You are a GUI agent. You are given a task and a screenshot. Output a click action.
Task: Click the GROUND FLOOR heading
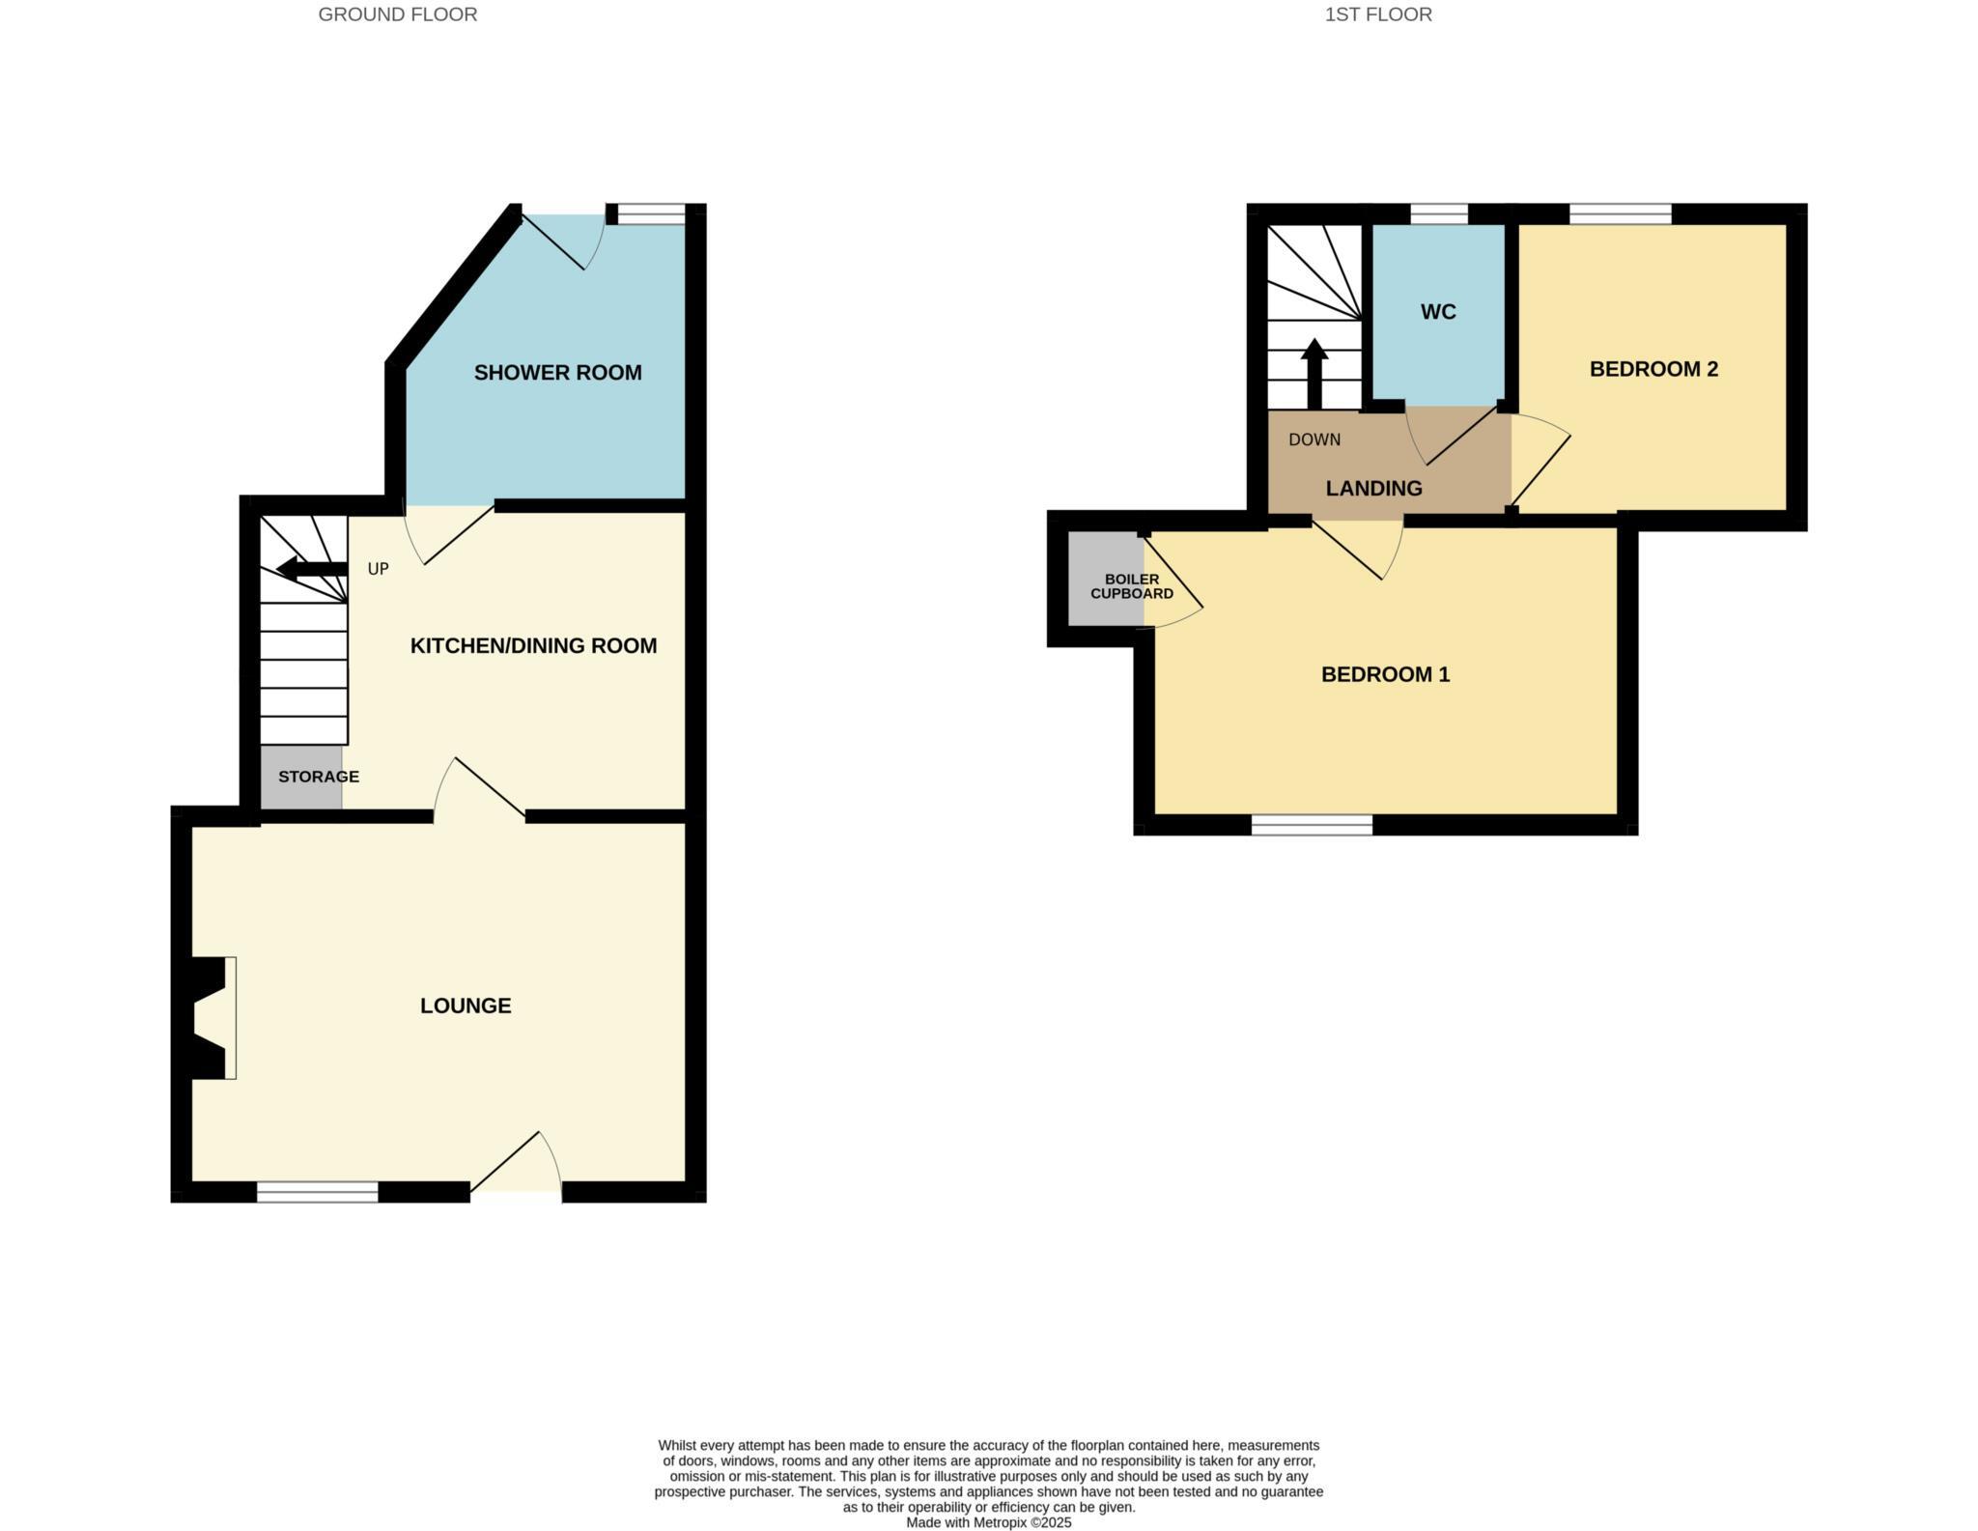pos(397,14)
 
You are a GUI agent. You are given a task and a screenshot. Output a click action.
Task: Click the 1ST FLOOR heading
pos(1377,14)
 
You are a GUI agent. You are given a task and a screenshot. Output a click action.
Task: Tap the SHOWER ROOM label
pos(557,373)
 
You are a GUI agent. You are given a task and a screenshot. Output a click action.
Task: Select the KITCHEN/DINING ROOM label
pos(533,646)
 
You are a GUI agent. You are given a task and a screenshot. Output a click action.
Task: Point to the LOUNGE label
pos(466,1006)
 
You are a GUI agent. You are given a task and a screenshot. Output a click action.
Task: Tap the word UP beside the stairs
pos(378,569)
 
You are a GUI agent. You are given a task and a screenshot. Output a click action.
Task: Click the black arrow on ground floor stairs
pos(311,568)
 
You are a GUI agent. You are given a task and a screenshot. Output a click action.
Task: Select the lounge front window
pos(317,1192)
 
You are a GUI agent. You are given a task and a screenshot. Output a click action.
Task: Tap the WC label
pos(1437,312)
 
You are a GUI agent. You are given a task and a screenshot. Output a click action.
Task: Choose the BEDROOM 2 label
pos(1653,369)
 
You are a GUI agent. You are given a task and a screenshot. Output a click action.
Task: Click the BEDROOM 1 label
pos(1385,674)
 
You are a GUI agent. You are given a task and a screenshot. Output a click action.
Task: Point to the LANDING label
pos(1373,489)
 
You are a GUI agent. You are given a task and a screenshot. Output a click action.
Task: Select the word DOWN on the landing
pos(1314,439)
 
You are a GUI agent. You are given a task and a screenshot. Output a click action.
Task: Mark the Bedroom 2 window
pos(1620,213)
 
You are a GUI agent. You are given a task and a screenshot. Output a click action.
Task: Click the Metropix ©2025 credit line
pos(988,1522)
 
